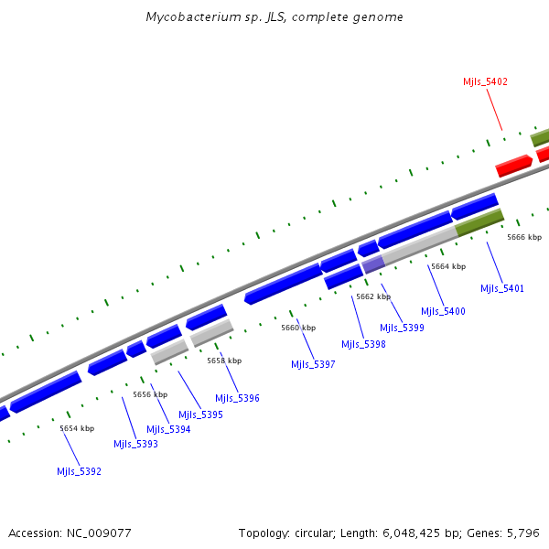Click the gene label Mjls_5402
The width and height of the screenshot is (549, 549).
point(485,81)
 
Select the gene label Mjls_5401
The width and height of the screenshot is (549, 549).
point(502,288)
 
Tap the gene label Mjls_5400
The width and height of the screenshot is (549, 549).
point(443,311)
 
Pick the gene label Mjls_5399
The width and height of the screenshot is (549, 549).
point(402,328)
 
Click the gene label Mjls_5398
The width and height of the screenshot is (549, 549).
point(363,344)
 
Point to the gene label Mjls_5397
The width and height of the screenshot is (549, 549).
point(313,364)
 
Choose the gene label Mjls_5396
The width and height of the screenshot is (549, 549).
point(237,398)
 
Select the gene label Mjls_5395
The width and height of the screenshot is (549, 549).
point(200,414)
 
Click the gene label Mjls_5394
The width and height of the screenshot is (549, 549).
point(168,429)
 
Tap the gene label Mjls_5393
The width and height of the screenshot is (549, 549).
point(135,444)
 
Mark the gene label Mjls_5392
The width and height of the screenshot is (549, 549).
point(79,471)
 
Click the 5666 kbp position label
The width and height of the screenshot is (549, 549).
point(524,237)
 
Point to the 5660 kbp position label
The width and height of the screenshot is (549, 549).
point(298,328)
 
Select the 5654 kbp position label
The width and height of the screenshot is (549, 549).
point(77,428)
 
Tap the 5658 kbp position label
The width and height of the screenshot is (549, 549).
point(224,361)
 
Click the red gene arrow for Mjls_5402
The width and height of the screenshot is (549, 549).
point(513,166)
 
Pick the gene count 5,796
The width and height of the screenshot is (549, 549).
point(523,533)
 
